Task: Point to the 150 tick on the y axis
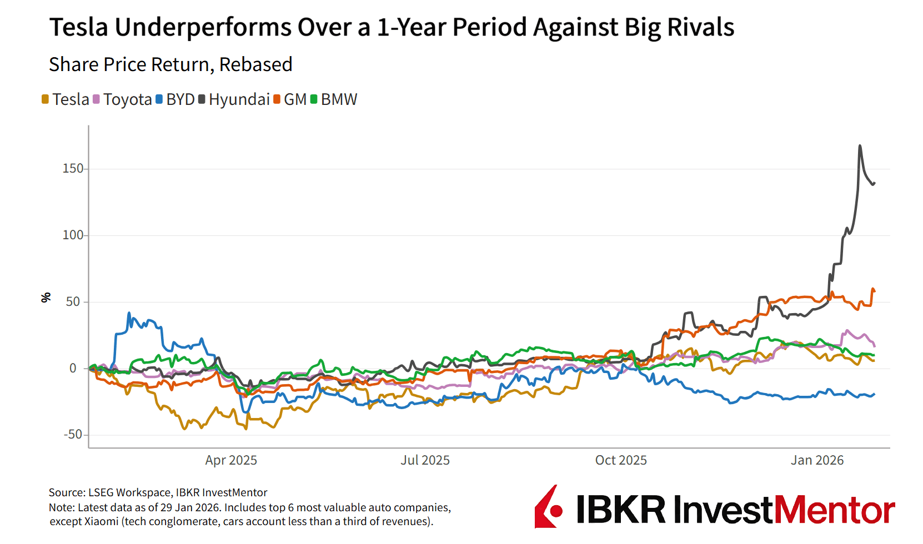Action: pos(73,168)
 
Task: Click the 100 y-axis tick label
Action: pos(73,235)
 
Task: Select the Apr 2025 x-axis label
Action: pos(231,460)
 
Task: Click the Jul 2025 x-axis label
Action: pos(425,460)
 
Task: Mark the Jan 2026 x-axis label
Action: pos(817,460)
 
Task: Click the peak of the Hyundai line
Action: pos(860,146)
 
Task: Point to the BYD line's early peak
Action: pos(129,314)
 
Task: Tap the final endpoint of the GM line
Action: pos(874,290)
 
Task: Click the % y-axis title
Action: pos(46,298)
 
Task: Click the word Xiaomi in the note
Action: pos(101,521)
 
